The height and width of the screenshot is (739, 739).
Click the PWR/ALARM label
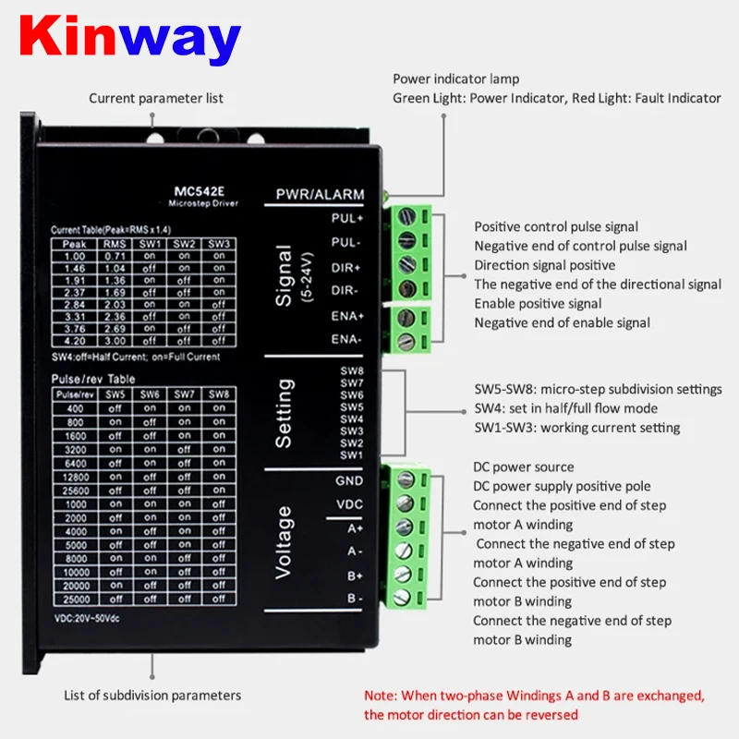(x=320, y=195)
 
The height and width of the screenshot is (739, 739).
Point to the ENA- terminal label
(x=346, y=339)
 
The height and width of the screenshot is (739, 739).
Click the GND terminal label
(x=349, y=480)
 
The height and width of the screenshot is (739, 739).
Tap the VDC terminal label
(x=349, y=503)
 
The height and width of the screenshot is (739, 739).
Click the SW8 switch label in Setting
(x=352, y=370)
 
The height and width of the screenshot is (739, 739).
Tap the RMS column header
(x=115, y=243)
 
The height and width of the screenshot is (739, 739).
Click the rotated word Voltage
(x=284, y=541)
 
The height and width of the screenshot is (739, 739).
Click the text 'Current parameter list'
(x=156, y=98)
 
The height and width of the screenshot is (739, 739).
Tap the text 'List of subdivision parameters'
(x=152, y=695)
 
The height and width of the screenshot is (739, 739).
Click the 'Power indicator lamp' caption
(x=456, y=79)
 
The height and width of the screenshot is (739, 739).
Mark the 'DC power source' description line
(x=524, y=467)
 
